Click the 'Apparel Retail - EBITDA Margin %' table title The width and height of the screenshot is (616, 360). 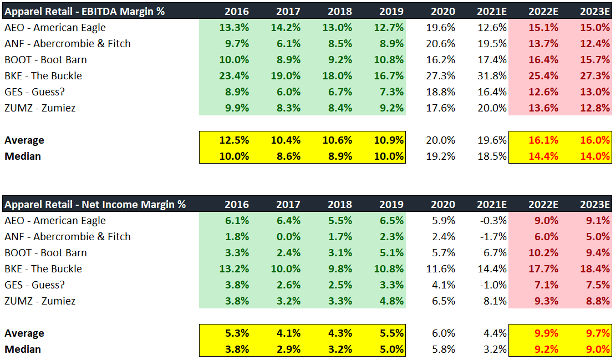click(x=84, y=11)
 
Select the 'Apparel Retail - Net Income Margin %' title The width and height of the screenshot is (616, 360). click(x=95, y=204)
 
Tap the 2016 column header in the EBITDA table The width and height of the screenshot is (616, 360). click(x=237, y=11)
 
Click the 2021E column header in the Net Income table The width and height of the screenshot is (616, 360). click(x=492, y=204)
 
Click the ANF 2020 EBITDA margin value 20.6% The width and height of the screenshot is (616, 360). click(x=442, y=43)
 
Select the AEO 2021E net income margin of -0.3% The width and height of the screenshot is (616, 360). click(x=493, y=220)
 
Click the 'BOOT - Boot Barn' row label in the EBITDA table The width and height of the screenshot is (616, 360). click(x=45, y=59)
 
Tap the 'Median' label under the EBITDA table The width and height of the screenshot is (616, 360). click(x=23, y=156)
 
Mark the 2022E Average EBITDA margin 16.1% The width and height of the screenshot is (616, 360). click(x=543, y=140)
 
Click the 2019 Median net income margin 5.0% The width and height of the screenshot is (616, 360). click(x=391, y=349)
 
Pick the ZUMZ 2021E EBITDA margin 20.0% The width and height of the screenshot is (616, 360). click(x=493, y=108)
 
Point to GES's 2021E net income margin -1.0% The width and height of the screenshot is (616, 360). click(x=493, y=285)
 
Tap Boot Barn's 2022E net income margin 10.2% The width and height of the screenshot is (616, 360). click(x=543, y=252)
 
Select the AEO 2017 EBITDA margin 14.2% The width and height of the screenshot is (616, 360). click(x=288, y=27)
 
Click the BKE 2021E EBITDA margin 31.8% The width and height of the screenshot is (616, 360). click(x=493, y=75)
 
